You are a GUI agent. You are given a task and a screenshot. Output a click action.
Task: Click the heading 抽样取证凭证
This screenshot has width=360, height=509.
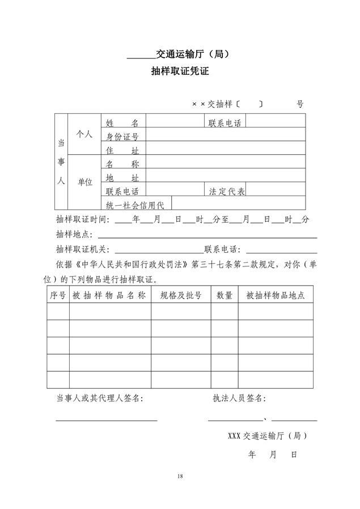point(180,71)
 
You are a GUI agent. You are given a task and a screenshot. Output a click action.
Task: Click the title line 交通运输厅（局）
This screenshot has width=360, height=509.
point(192,55)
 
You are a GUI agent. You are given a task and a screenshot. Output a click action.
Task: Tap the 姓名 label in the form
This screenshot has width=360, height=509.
point(122,122)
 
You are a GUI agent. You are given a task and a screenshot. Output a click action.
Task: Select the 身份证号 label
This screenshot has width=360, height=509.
point(122,137)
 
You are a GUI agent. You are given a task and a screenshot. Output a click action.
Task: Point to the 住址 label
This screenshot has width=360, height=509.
point(122,151)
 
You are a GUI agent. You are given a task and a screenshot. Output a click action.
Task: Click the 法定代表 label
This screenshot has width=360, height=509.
point(227,192)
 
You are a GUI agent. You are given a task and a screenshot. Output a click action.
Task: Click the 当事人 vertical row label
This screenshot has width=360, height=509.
point(61,163)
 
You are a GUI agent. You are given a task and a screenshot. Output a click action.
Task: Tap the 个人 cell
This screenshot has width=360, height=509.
point(84,134)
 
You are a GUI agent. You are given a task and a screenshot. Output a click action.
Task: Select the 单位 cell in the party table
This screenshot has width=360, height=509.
point(84,182)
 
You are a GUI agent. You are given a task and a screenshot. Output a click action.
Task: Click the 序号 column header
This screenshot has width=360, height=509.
point(58,295)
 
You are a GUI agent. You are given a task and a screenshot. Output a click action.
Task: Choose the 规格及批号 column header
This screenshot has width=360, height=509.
point(181,295)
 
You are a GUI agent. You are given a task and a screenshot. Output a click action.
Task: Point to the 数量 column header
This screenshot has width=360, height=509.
point(225,295)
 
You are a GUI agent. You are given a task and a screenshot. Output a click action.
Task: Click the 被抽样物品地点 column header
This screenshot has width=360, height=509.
point(276,295)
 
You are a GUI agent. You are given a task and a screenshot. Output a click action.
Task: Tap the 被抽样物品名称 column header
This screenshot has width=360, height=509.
point(109,295)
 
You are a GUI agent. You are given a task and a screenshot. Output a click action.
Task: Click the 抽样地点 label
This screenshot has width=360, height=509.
point(74,234)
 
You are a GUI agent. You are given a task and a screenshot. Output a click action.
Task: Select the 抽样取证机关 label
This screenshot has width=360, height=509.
point(83,249)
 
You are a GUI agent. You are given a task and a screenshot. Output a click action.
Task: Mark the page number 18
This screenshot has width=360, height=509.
point(180,476)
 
